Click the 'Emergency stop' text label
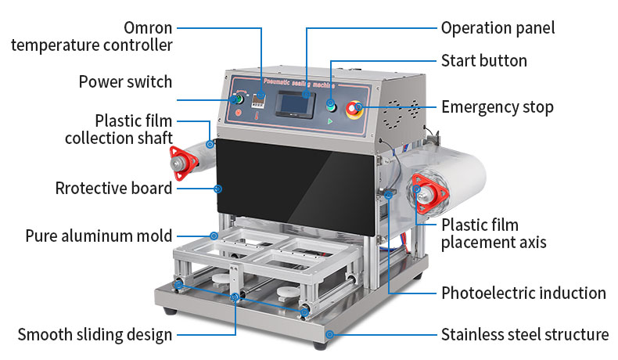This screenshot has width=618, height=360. pos(497,107)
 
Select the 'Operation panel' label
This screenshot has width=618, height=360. pos(498,28)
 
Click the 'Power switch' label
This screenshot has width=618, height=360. pos(125,81)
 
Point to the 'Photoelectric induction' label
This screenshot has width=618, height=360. pos(523,293)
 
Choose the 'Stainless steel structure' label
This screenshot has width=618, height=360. pos(524,335)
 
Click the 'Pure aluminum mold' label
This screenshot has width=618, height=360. pos(99,236)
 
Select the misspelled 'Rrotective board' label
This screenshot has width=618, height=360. pos(113,189)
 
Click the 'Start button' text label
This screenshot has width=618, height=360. pos(483,61)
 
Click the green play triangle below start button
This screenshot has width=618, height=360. pos(331,122)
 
